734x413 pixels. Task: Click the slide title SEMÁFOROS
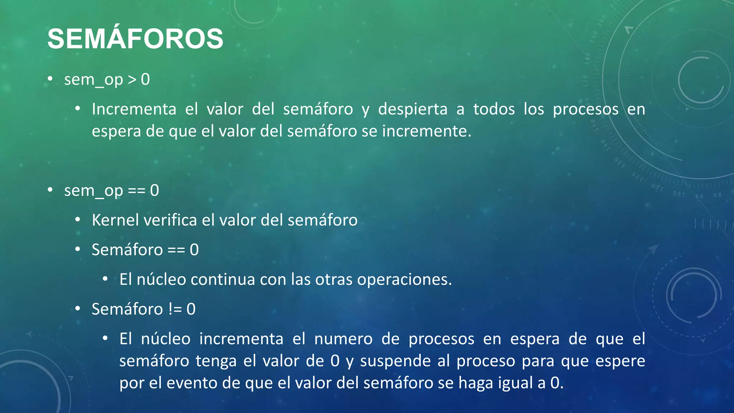tap(135, 39)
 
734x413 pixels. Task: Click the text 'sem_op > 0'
tap(107, 79)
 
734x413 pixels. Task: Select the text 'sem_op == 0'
tap(111, 190)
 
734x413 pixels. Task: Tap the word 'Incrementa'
tap(134, 109)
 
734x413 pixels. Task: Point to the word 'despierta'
tap(413, 109)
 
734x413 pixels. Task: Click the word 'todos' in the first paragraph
tap(494, 109)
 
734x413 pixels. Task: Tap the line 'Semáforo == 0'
tap(145, 250)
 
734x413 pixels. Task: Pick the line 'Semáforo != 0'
tap(144, 309)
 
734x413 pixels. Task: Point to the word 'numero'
tap(343, 339)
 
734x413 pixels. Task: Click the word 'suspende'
tap(395, 361)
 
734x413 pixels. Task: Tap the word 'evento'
tap(192, 383)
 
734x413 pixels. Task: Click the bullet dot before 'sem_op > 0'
tap(50, 79)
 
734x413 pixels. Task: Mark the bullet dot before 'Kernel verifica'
tap(78, 220)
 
